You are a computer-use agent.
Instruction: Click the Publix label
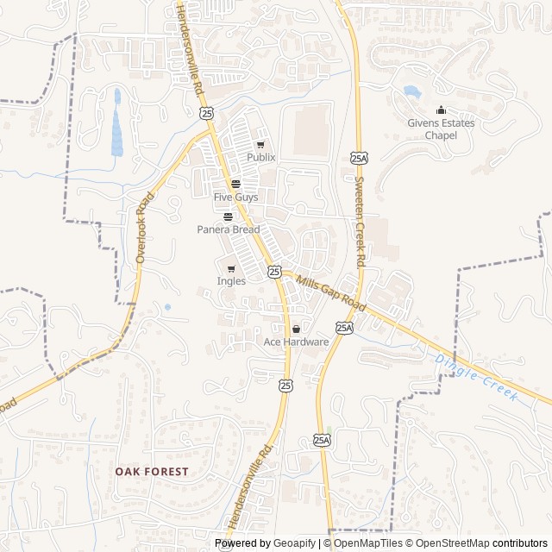point(260,158)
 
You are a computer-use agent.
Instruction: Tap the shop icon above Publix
point(260,145)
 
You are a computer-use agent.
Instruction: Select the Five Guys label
point(235,198)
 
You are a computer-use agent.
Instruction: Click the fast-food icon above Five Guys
point(235,184)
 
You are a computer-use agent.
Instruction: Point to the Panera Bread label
point(228,229)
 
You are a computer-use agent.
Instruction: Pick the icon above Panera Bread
point(228,216)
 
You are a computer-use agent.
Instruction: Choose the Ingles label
point(231,281)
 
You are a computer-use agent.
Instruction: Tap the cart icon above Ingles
point(231,268)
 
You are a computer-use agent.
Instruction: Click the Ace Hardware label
point(296,342)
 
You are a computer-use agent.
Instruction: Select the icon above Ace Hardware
point(296,329)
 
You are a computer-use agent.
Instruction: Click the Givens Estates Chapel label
point(441,129)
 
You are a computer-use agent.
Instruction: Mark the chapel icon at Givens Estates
point(441,110)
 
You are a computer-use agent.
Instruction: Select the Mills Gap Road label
point(332,293)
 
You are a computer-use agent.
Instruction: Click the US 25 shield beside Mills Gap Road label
point(274,272)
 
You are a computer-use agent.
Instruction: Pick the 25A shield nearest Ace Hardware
point(344,328)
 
